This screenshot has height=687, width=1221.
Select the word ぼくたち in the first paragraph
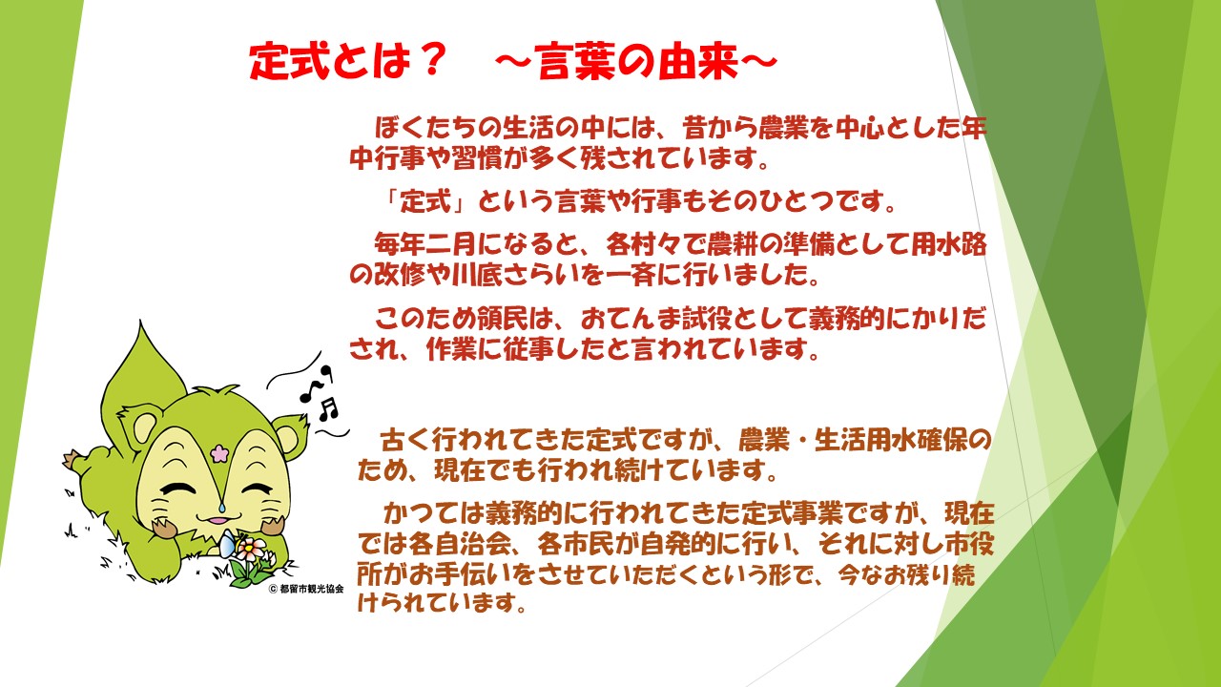point(426,128)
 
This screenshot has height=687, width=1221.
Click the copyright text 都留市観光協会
point(312,589)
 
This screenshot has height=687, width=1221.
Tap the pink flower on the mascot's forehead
point(219,452)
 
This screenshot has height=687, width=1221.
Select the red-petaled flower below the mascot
point(251,547)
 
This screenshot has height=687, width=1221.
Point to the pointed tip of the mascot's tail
point(141,322)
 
